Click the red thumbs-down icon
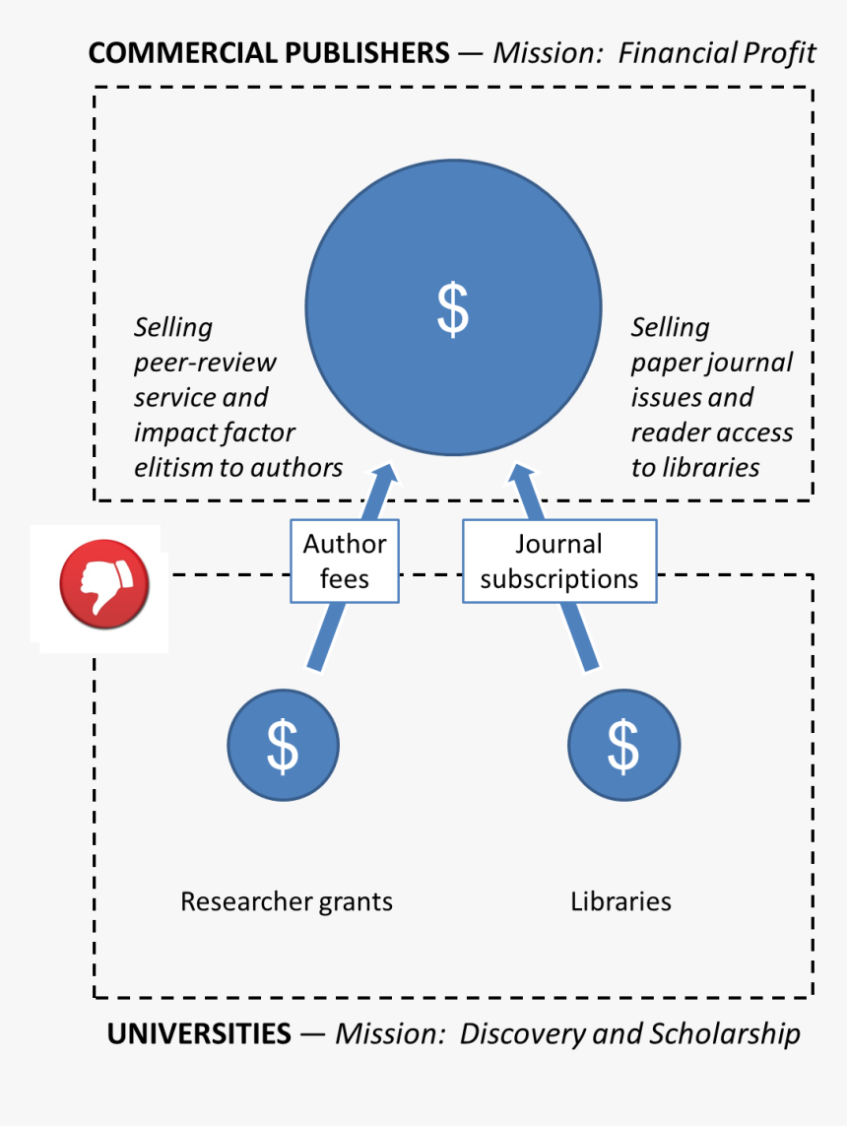tap(104, 584)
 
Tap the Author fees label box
tap(345, 561)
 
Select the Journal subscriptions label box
tap(559, 561)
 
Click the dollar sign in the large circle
tap(453, 309)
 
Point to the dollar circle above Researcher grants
tap(283, 745)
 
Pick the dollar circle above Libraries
tap(623, 745)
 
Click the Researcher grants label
tap(287, 902)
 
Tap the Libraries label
tap(620, 901)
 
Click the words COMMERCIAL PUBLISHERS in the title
tap(269, 53)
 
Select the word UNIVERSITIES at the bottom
tap(199, 1034)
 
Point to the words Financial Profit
tap(717, 53)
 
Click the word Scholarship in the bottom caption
tap(725, 1034)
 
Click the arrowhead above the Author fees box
tap(385, 477)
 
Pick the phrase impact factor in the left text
tap(214, 433)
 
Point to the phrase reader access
tap(712, 433)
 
